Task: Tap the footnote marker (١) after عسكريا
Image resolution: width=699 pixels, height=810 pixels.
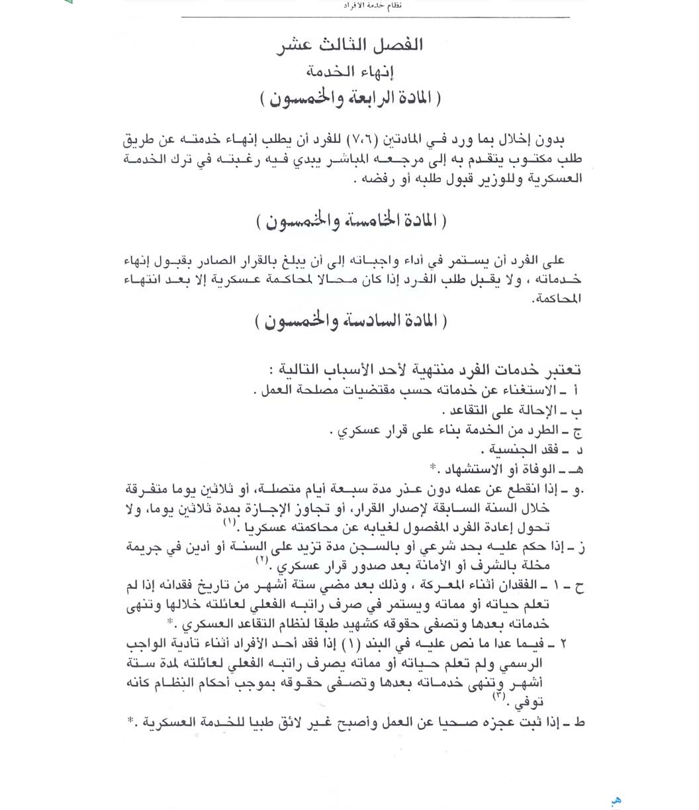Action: coord(230,523)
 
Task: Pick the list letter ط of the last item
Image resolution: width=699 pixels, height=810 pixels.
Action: coord(580,723)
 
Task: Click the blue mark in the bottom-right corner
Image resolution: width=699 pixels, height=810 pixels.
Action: coord(616,801)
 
